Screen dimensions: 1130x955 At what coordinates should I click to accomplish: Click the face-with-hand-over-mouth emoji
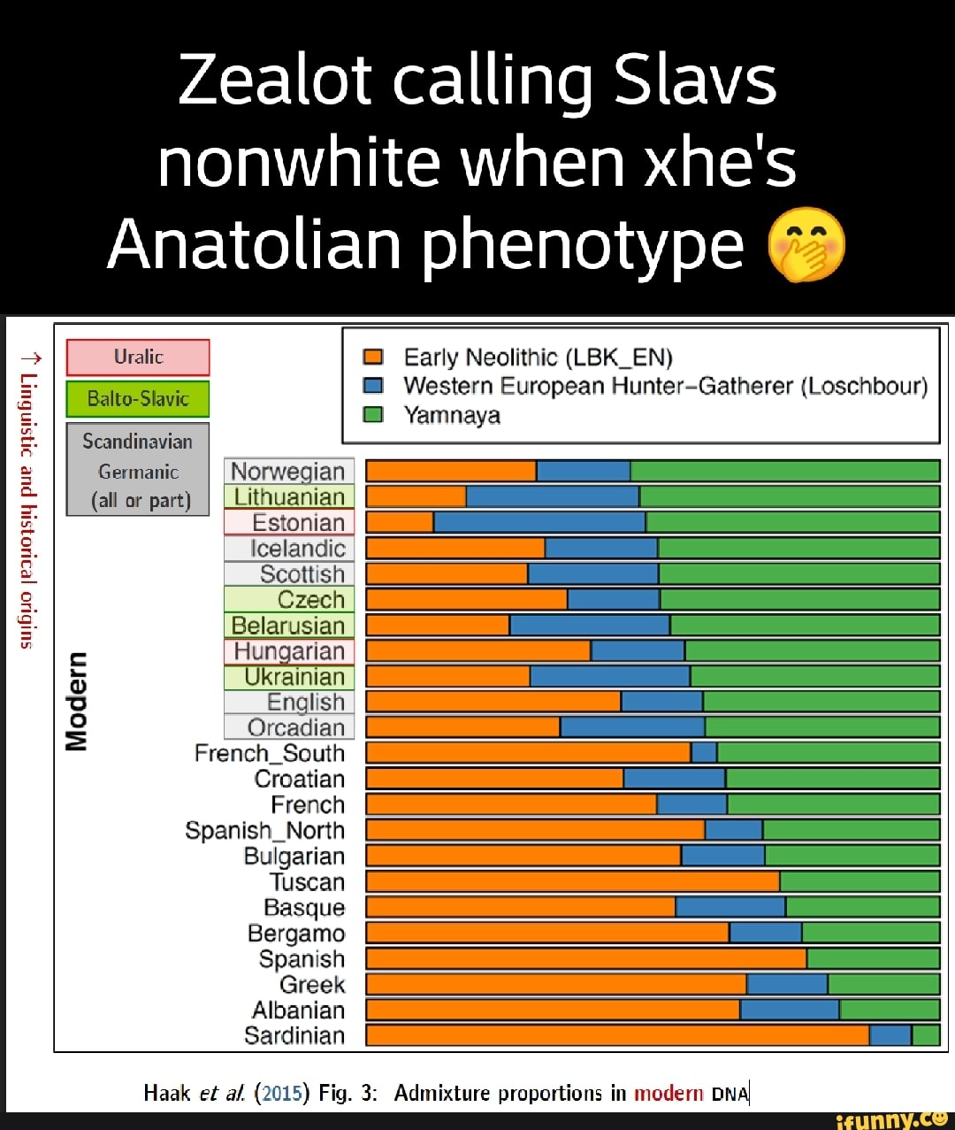(x=806, y=244)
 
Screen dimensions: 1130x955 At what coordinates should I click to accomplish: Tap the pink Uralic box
(x=138, y=357)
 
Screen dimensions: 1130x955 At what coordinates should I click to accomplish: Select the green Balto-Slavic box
(x=138, y=399)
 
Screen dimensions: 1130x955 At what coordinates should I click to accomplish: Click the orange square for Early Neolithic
(x=373, y=357)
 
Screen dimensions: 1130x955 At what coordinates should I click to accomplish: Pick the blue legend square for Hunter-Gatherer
(x=373, y=386)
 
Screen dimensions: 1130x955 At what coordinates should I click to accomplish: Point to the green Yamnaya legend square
(x=373, y=415)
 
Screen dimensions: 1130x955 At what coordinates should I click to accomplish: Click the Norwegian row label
(x=288, y=472)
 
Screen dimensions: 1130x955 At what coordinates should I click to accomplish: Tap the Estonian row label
(x=297, y=523)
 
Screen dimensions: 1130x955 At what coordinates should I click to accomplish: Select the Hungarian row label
(x=289, y=651)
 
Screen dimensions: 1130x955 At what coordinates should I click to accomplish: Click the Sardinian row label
(x=294, y=1035)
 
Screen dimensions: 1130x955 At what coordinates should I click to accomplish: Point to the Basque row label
(x=304, y=908)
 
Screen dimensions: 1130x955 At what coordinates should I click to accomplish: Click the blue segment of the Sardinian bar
(x=890, y=1035)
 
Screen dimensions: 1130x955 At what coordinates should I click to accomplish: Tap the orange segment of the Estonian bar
(x=400, y=522)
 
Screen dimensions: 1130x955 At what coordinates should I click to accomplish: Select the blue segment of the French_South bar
(x=704, y=753)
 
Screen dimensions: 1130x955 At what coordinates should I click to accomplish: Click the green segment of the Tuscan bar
(x=859, y=881)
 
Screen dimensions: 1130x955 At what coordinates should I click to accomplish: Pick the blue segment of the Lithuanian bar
(x=553, y=496)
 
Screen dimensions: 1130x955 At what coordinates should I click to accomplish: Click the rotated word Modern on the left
(x=78, y=701)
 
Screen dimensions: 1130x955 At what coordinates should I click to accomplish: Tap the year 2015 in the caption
(x=282, y=1094)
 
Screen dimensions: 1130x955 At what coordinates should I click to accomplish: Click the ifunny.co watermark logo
(x=892, y=1119)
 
